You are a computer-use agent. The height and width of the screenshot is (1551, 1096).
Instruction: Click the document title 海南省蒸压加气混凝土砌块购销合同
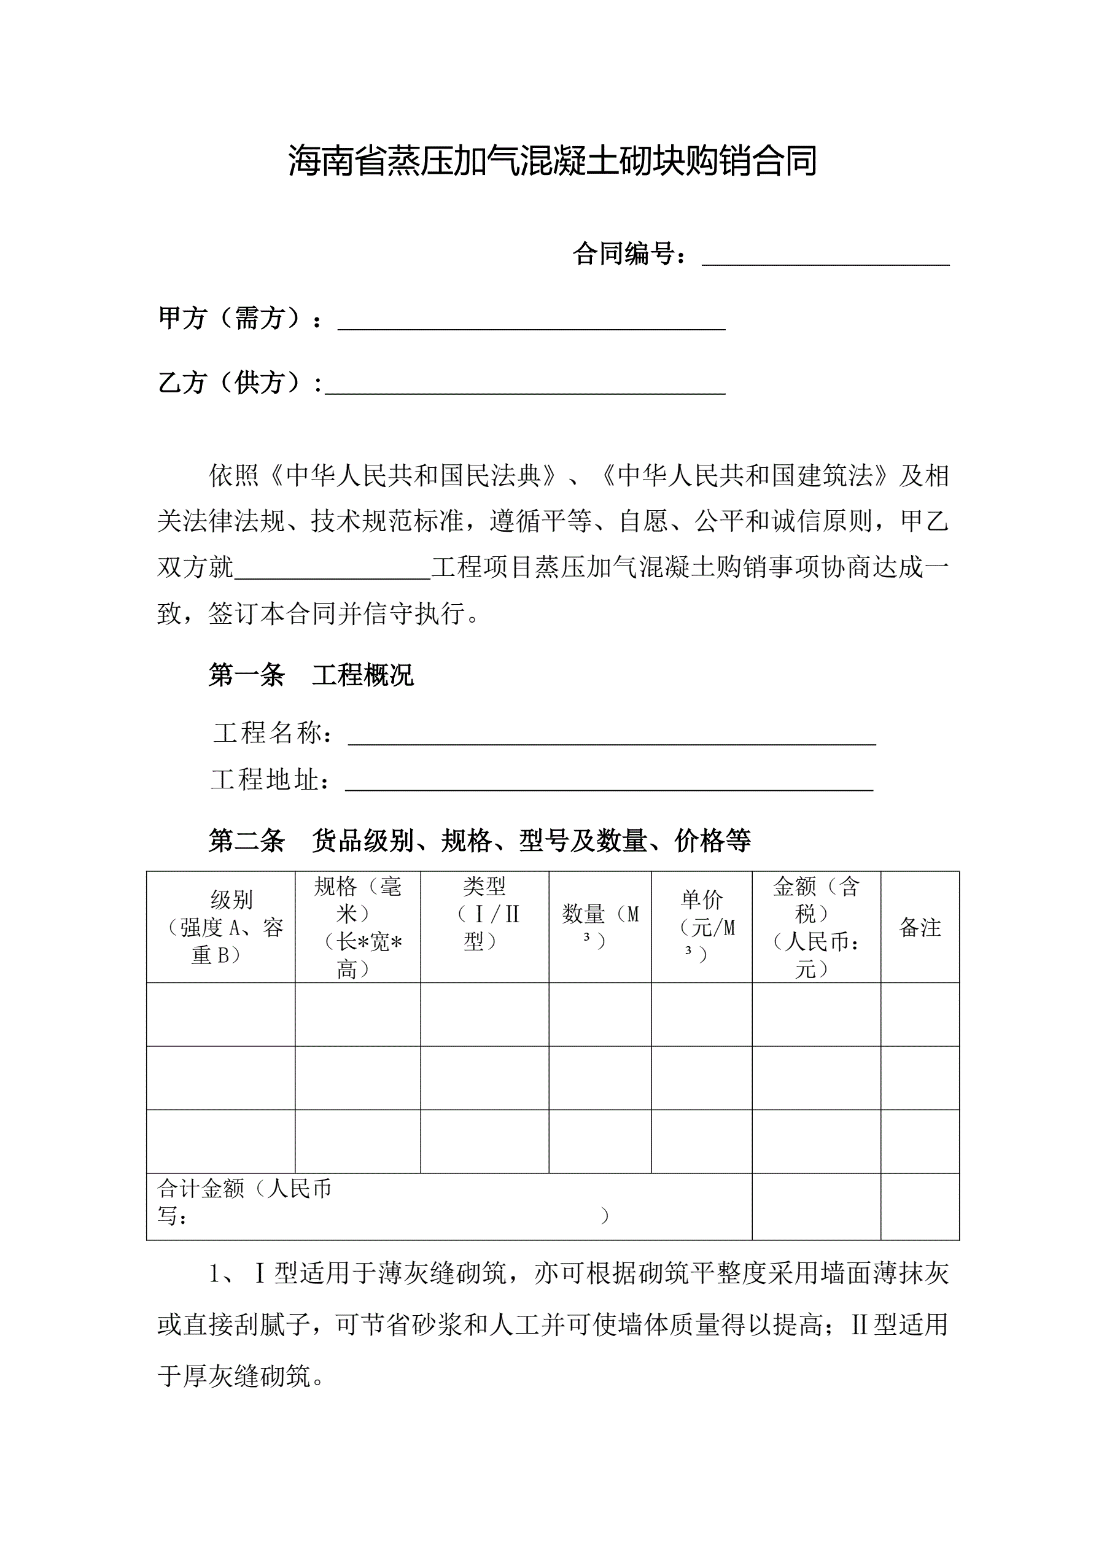click(x=552, y=161)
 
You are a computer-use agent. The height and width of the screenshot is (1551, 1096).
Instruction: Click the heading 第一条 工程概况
click(x=311, y=675)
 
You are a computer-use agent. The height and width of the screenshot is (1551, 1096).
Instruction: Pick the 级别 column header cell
click(x=221, y=927)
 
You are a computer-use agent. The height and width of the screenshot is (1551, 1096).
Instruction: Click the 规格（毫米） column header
click(x=357, y=927)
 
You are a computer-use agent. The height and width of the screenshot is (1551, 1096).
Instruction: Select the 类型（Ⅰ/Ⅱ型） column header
click(x=484, y=913)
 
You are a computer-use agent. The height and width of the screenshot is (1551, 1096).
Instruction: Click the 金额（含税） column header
click(x=815, y=927)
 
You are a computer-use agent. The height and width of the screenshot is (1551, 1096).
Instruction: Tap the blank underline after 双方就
click(x=332, y=568)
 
